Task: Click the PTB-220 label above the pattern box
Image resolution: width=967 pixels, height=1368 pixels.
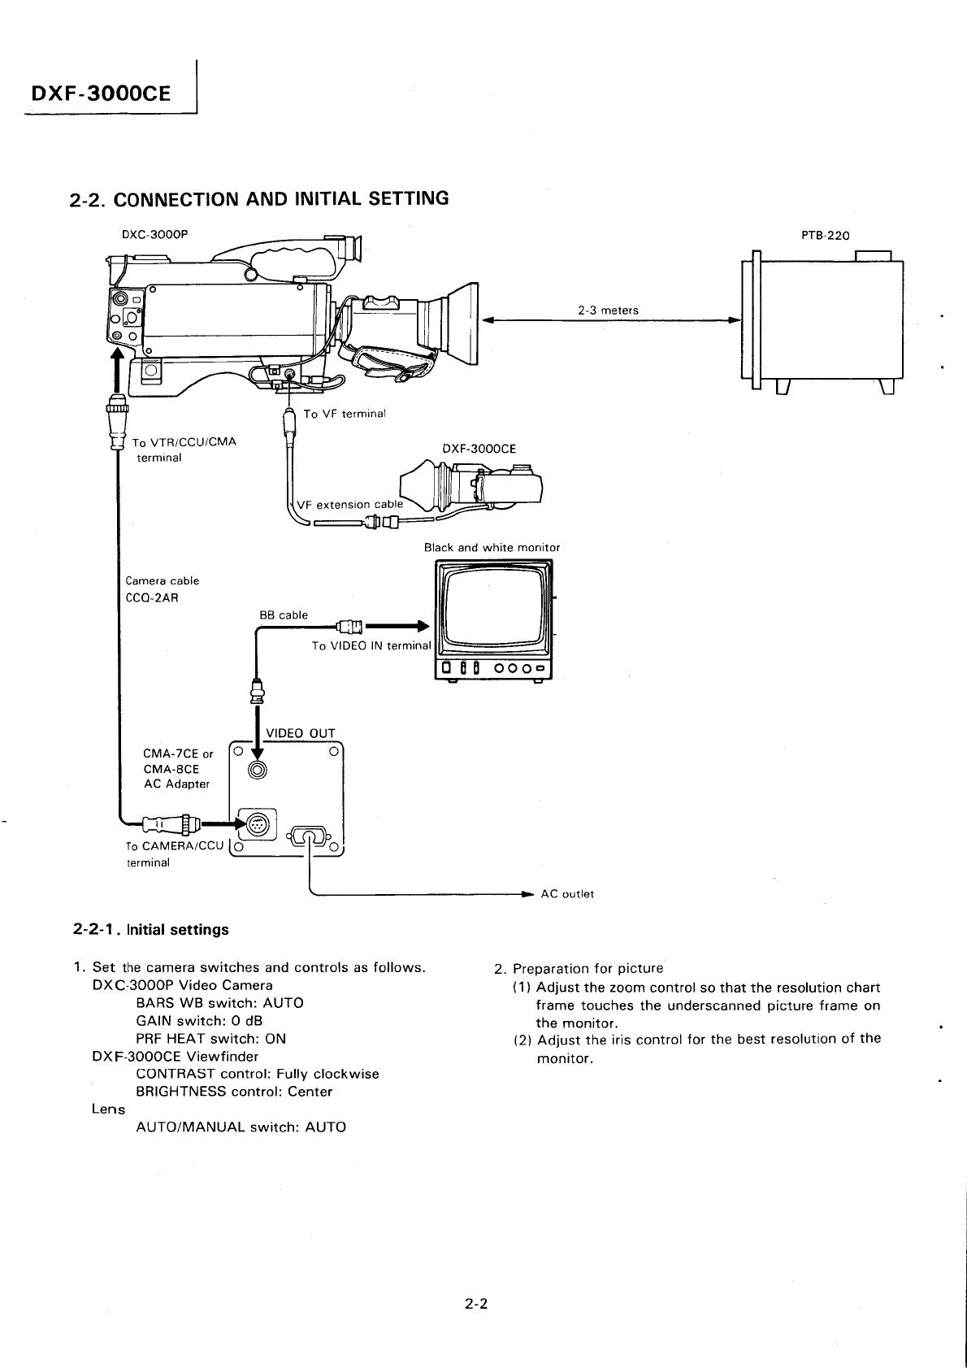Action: point(825,236)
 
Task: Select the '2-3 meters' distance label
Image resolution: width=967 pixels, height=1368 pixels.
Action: point(608,310)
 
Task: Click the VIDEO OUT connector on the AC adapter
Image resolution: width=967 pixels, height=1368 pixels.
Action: point(258,771)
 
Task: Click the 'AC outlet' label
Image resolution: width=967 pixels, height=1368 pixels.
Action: point(567,894)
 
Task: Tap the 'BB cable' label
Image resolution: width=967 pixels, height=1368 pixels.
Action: point(284,615)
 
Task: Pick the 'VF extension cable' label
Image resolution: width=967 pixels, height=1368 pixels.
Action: point(349,504)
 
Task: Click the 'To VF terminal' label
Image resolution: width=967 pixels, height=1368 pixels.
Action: point(344,414)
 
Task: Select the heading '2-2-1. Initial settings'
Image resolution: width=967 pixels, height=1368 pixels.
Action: point(151,930)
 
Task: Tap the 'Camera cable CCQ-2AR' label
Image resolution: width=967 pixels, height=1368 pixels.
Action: point(163,589)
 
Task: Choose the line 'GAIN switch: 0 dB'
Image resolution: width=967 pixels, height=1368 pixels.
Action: point(199,1021)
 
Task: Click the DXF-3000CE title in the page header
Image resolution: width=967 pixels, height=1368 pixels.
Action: point(101,93)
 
